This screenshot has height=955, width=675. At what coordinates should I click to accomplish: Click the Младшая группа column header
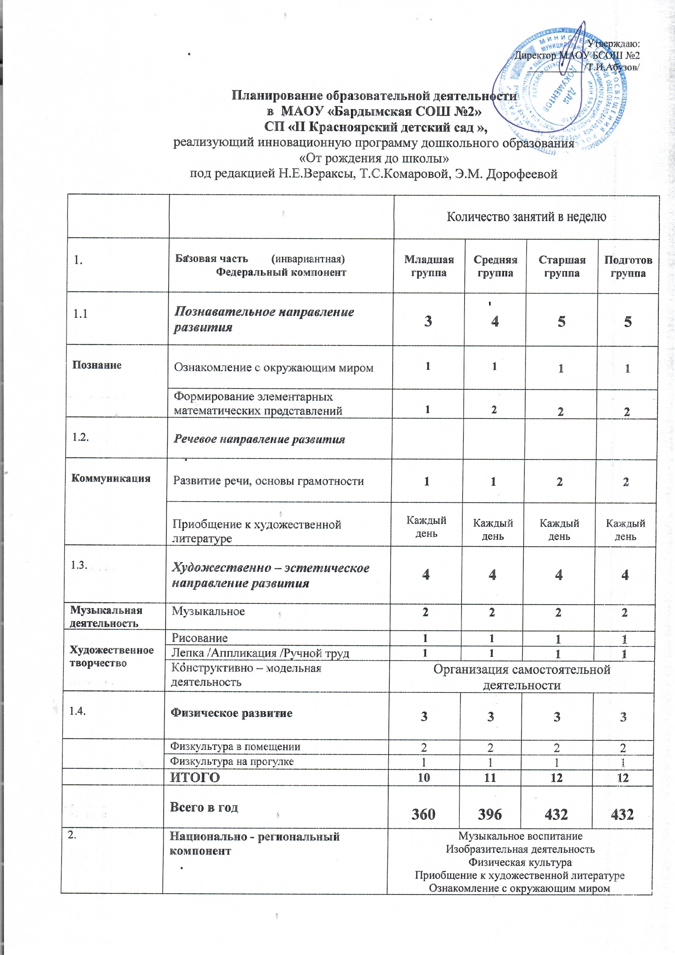point(429,266)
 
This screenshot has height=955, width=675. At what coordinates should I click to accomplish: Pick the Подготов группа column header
point(628,267)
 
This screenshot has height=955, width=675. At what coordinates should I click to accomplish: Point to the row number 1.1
point(80,313)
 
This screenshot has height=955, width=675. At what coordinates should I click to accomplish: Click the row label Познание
point(97,365)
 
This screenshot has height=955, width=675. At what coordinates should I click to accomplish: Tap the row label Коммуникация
point(111,478)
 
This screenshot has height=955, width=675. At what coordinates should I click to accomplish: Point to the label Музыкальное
point(208,611)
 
